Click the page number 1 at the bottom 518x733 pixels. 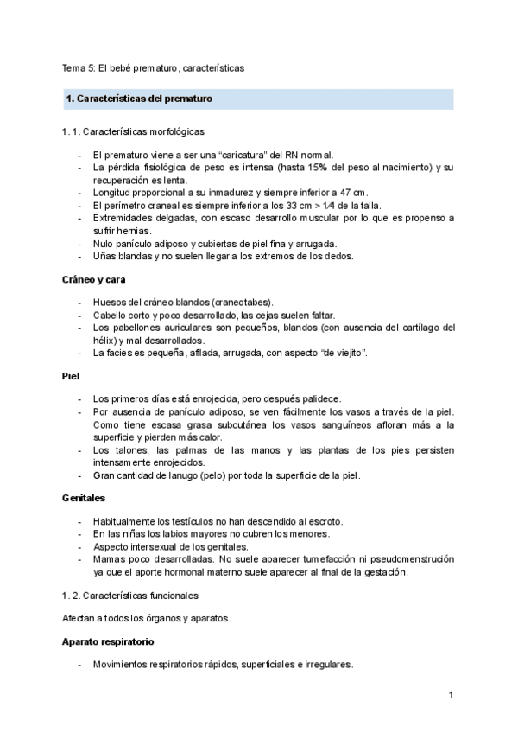(x=451, y=694)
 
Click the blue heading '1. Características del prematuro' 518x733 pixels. (x=139, y=99)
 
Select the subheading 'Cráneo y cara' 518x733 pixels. (x=95, y=279)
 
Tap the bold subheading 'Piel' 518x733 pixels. (x=71, y=377)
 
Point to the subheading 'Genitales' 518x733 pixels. (x=85, y=499)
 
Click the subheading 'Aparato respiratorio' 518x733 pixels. (x=109, y=642)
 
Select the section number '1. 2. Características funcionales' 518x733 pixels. (x=129, y=596)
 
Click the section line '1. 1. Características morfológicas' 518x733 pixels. (x=133, y=132)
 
